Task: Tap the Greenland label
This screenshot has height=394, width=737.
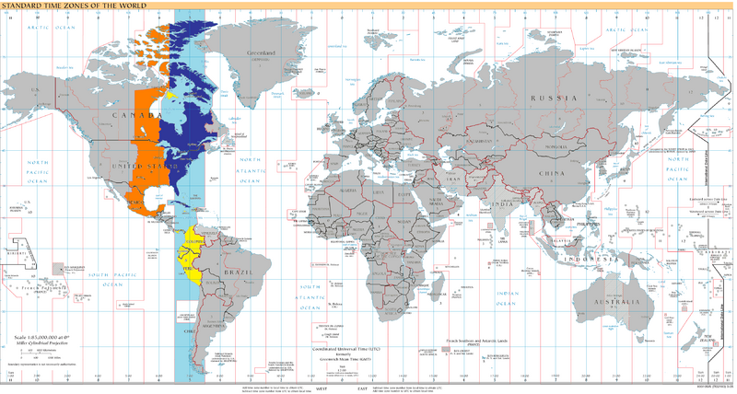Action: [262, 54]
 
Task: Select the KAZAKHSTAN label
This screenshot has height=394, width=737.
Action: [477, 142]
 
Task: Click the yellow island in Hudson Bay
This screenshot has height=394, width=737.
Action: [171, 94]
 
